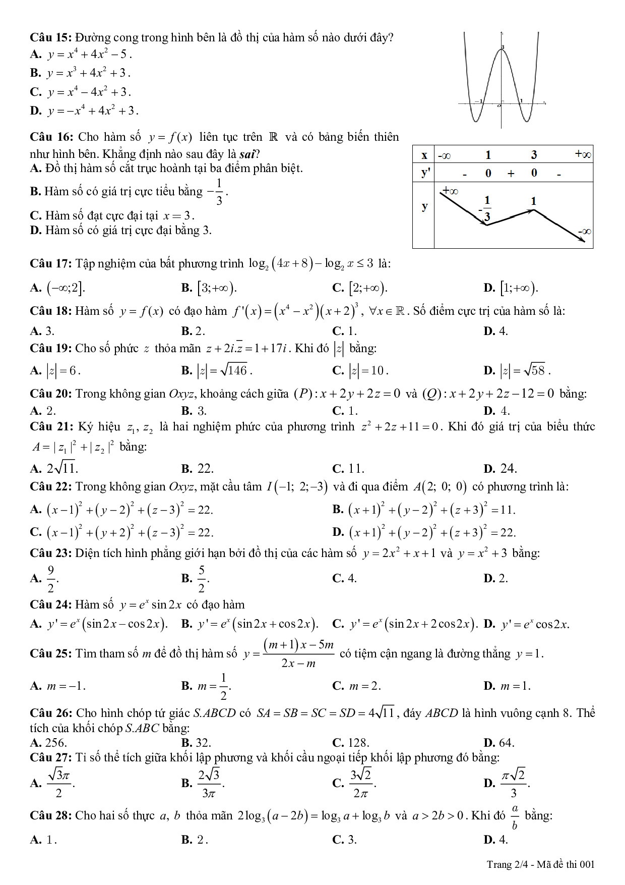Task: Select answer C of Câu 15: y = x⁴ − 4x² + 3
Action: [89, 92]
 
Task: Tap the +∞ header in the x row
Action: [583, 154]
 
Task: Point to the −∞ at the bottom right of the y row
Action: [584, 232]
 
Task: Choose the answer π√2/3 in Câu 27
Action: [513, 783]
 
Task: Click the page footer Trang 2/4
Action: [506, 864]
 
